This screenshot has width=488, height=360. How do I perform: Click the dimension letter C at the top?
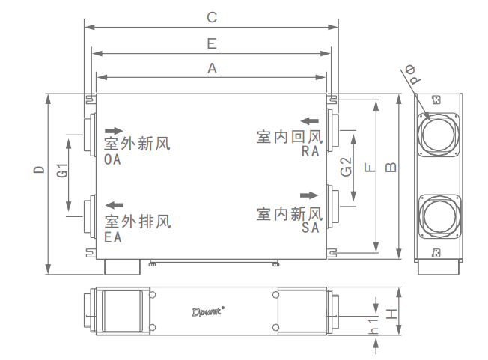[212, 16]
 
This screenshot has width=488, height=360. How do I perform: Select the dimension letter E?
[212, 43]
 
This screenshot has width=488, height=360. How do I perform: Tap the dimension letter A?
[212, 68]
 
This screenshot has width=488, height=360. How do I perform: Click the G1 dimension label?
[64, 170]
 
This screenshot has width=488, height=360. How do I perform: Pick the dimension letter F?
[369, 169]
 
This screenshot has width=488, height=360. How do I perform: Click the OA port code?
[113, 159]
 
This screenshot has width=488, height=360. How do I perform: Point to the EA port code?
[113, 237]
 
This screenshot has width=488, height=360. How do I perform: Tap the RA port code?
[311, 151]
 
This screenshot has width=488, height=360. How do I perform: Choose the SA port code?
[311, 228]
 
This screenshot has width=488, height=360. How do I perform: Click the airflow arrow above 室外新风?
[113, 129]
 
